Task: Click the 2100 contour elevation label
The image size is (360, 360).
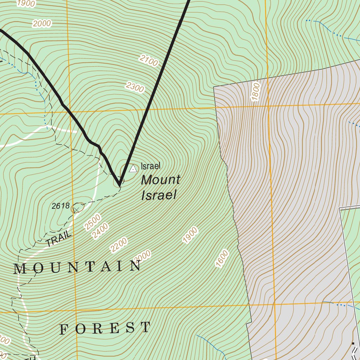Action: click(x=148, y=60)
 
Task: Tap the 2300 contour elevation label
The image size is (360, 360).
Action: click(x=135, y=86)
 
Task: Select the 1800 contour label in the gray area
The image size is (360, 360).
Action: click(x=256, y=91)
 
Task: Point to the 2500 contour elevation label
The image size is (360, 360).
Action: click(x=92, y=222)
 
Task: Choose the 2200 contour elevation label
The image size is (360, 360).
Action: click(x=118, y=245)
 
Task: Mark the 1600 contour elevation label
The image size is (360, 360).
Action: click(x=223, y=259)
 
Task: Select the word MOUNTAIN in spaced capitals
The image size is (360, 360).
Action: click(x=77, y=268)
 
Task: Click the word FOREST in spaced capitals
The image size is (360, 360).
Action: click(x=105, y=328)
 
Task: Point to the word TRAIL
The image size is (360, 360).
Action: click(x=59, y=240)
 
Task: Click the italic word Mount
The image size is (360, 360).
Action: click(x=160, y=180)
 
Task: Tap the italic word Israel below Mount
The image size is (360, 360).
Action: click(x=158, y=195)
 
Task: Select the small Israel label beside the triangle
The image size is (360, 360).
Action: click(x=150, y=166)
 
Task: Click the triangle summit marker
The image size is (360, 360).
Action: click(x=133, y=169)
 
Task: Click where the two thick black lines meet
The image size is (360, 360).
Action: click(x=120, y=184)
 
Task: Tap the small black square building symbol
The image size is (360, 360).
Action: click(x=353, y=343)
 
